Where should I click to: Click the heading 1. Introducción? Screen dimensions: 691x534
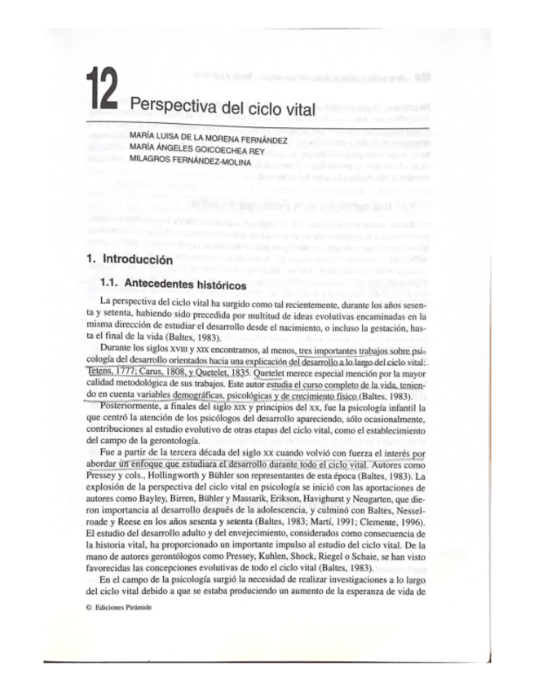(129, 261)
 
